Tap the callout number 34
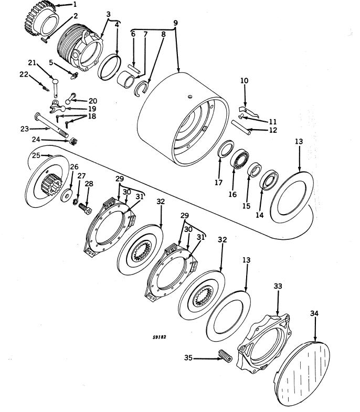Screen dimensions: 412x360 tap(315, 313)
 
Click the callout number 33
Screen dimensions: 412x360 tap(278, 286)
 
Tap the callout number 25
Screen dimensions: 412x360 tap(36, 156)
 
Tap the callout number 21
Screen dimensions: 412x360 tap(33, 62)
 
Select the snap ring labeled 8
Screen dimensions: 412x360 tap(142, 87)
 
